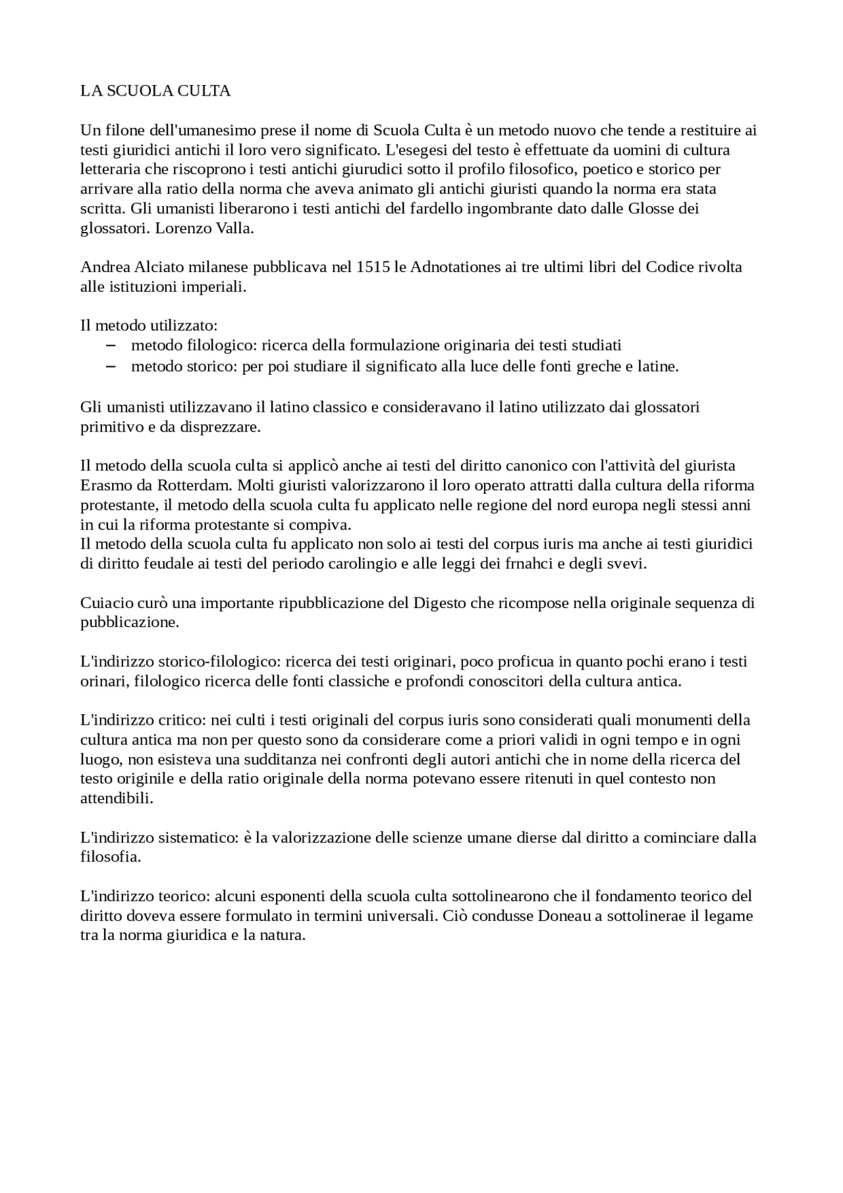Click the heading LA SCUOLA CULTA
(x=155, y=92)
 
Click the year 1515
(x=372, y=267)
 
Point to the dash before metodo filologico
(x=111, y=345)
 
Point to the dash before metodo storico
(x=111, y=366)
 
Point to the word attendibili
(x=116, y=799)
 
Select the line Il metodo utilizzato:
(x=148, y=326)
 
